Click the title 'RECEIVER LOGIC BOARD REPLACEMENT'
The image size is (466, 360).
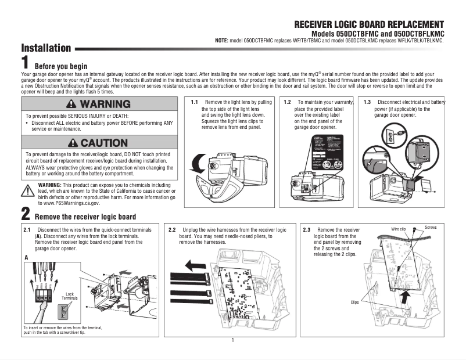pyautogui.click(x=369, y=24)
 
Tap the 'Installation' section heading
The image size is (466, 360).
pyautogui.click(x=46, y=48)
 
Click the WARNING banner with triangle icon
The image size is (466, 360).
pyautogui.click(x=98, y=105)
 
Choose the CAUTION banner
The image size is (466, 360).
pyautogui.click(x=98, y=143)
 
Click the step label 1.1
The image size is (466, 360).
pyautogui.click(x=195, y=102)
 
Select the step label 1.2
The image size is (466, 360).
pyautogui.click(x=287, y=102)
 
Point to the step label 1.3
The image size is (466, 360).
pyautogui.click(x=367, y=102)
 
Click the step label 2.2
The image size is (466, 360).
pyautogui.click(x=172, y=231)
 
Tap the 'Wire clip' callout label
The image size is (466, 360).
pyautogui.click(x=398, y=230)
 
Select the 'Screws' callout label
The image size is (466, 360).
pyautogui.click(x=431, y=228)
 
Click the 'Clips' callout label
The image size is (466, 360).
pyautogui.click(x=355, y=302)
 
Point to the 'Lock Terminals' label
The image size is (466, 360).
pyautogui.click(x=70, y=296)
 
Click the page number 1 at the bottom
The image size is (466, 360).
pyautogui.click(x=232, y=340)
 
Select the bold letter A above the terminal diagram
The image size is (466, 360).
pyautogui.click(x=26, y=257)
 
